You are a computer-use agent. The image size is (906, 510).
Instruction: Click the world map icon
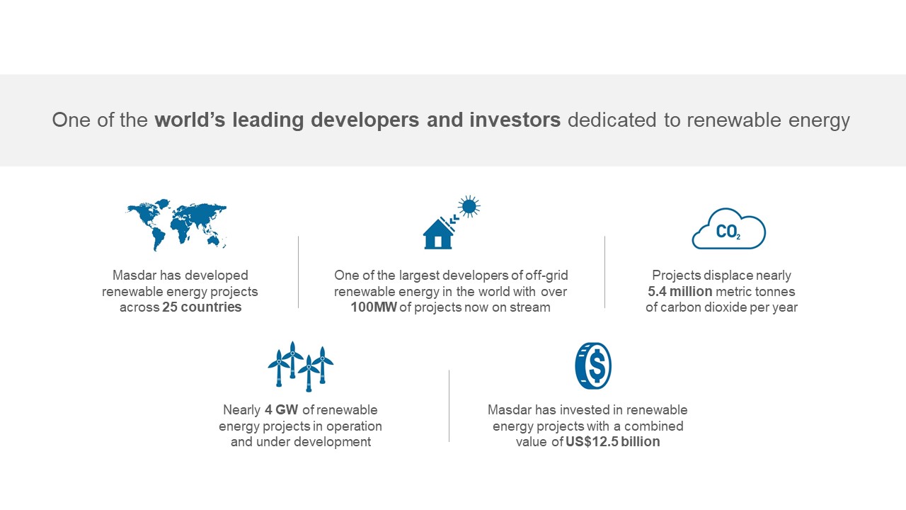(x=176, y=225)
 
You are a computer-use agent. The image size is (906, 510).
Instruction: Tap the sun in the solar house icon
(x=469, y=206)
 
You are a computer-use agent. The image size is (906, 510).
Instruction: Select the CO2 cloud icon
(x=729, y=229)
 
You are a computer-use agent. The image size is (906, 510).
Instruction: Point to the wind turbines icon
(x=301, y=366)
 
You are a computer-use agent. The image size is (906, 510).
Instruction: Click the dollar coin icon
(x=593, y=366)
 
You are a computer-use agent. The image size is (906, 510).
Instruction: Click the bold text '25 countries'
(x=202, y=307)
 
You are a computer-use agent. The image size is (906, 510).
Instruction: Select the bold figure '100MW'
(x=374, y=307)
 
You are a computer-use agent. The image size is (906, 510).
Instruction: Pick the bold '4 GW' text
(x=282, y=409)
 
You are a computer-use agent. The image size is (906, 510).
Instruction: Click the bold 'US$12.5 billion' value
(x=612, y=441)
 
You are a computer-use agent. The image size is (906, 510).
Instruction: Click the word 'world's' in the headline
(x=190, y=120)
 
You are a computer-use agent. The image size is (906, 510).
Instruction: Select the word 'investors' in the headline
(x=515, y=120)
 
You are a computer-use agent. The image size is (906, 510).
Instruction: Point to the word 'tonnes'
(x=774, y=291)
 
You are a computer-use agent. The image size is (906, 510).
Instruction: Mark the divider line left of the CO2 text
(x=604, y=272)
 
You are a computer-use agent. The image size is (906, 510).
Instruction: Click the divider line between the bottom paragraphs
(x=449, y=406)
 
